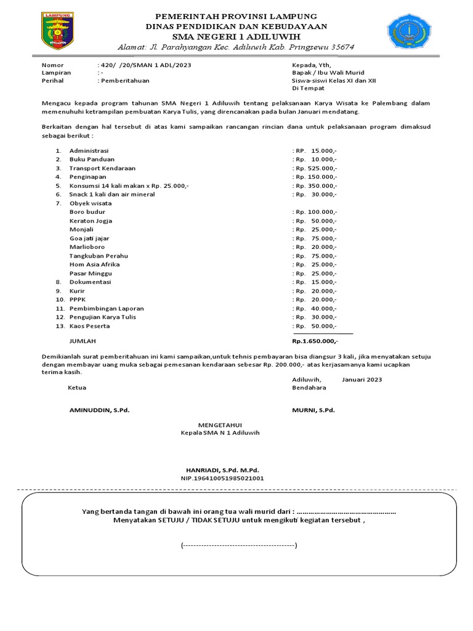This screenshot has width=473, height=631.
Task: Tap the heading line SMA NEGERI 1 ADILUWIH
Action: pos(236,37)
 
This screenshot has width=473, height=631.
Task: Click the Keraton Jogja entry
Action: pos(91,221)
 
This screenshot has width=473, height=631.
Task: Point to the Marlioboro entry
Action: pos(87,247)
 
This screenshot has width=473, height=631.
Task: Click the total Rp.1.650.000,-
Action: pos(315,341)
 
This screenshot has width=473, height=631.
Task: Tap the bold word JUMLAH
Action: pos(83,341)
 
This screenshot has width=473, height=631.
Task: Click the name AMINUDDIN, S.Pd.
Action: pos(99,410)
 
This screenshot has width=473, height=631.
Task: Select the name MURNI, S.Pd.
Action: pos(313,410)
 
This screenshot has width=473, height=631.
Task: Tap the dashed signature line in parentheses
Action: pos(239,546)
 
